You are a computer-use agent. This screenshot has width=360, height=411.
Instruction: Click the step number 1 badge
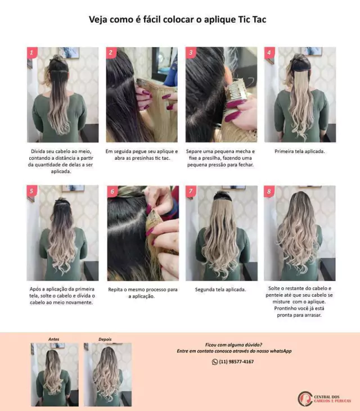point(32,53)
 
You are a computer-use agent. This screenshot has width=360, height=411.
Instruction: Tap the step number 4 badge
point(269,53)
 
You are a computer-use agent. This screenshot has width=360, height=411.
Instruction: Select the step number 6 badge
point(112,191)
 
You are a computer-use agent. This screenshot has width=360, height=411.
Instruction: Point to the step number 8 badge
point(269,191)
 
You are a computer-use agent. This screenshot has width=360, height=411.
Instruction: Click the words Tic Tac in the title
point(252,19)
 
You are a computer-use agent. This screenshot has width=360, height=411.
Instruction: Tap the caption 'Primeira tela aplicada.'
point(299,151)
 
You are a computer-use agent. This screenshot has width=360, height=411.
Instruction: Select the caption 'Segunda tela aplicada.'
point(220,290)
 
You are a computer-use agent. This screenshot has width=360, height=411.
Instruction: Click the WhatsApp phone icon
point(215,362)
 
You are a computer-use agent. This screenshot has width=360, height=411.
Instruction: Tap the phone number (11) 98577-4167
point(236,362)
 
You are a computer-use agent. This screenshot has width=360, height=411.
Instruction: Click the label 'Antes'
point(54,339)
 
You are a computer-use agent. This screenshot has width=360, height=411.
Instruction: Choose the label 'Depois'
point(105,339)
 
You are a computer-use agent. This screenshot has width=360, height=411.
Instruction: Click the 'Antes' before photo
point(55,374)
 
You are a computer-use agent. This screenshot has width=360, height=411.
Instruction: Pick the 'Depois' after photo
point(108,374)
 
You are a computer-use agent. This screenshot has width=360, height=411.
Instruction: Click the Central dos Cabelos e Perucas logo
point(325,399)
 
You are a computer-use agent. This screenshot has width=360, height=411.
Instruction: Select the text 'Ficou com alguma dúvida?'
point(233,345)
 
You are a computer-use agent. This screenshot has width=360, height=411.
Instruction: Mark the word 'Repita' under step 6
point(115,290)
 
